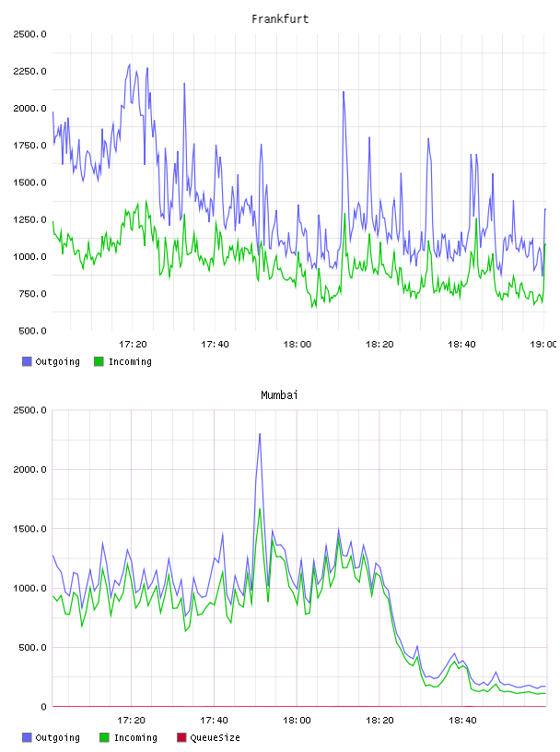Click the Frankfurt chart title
(x=280, y=19)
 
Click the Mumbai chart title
(x=279, y=395)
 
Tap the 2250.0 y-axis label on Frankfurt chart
(x=29, y=72)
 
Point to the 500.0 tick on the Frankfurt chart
(x=32, y=331)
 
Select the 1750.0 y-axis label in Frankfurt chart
(x=29, y=146)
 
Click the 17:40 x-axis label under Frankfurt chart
(x=215, y=345)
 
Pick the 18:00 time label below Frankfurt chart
(x=297, y=345)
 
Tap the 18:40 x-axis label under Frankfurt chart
(x=461, y=345)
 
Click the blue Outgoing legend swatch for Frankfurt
(x=27, y=361)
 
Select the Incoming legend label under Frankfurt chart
(x=130, y=361)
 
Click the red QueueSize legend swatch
(x=181, y=737)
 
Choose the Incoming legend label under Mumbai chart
(x=135, y=737)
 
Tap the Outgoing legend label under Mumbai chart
(x=57, y=737)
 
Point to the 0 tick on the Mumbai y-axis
(x=43, y=707)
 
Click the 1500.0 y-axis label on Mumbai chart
(x=29, y=529)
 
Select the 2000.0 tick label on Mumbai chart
(x=29, y=469)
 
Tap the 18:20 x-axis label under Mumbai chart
(x=379, y=721)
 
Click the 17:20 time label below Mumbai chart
(x=132, y=721)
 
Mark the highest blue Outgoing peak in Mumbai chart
(x=260, y=434)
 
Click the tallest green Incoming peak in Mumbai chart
(x=260, y=510)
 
